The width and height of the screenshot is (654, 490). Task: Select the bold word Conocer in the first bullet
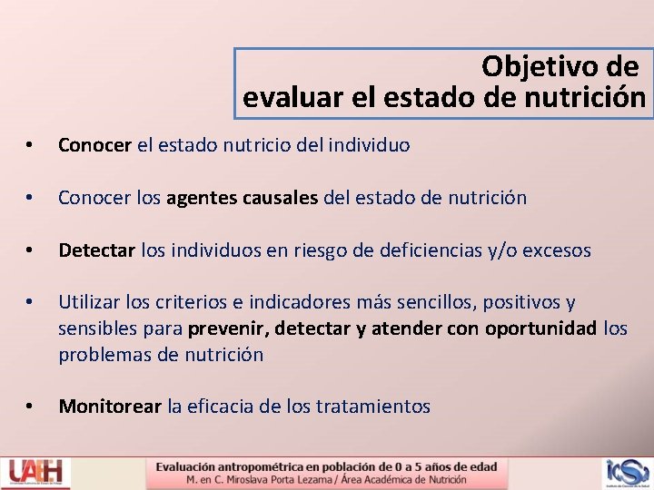(x=95, y=145)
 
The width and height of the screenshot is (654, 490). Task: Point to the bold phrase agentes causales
(x=243, y=198)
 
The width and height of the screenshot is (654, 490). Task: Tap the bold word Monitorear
(x=110, y=407)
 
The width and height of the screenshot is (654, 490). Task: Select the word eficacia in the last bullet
(x=221, y=407)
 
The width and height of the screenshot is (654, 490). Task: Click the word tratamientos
(x=372, y=407)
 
